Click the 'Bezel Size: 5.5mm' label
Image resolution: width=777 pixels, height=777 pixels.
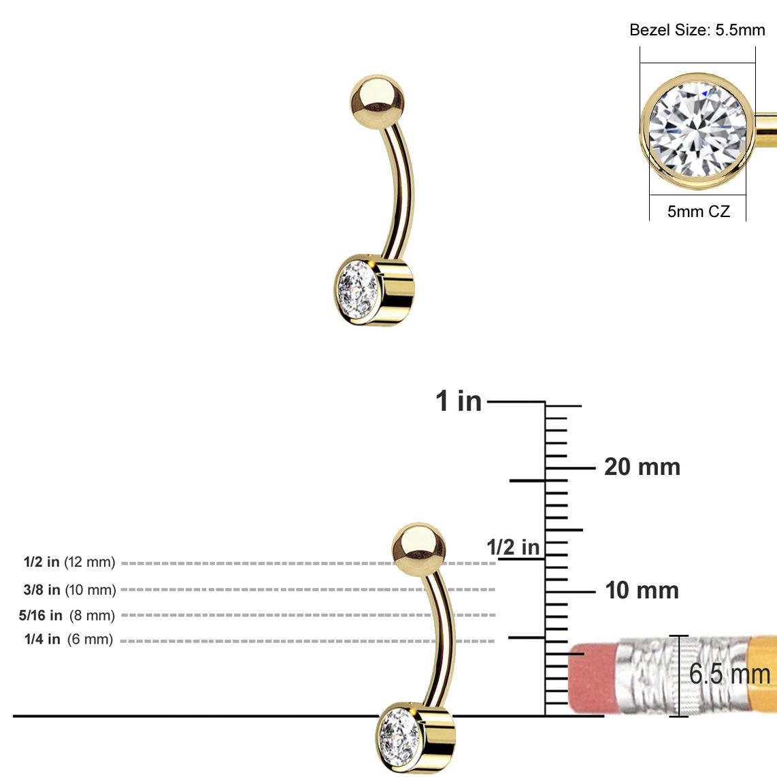pos(697,30)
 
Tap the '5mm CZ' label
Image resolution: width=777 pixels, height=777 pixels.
pos(698,212)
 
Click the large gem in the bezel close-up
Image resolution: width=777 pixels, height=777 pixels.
pos(697,130)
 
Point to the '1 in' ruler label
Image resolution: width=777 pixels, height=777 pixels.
pos(459,401)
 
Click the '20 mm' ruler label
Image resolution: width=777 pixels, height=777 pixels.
pos(642,467)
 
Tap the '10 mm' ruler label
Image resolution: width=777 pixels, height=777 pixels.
pos(642,591)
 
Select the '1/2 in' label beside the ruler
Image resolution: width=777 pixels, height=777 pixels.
pos(513,547)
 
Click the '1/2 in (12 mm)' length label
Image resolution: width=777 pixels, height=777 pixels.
pos(69,563)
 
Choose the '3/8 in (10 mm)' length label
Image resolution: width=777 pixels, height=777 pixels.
pos(69,590)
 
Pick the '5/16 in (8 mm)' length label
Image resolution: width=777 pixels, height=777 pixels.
pos(67,616)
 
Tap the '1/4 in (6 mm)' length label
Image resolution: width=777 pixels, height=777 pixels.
pos(68,640)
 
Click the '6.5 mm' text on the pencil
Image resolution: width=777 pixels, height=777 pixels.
pos(729,674)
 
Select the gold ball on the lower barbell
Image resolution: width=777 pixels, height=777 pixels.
pos(418,548)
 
